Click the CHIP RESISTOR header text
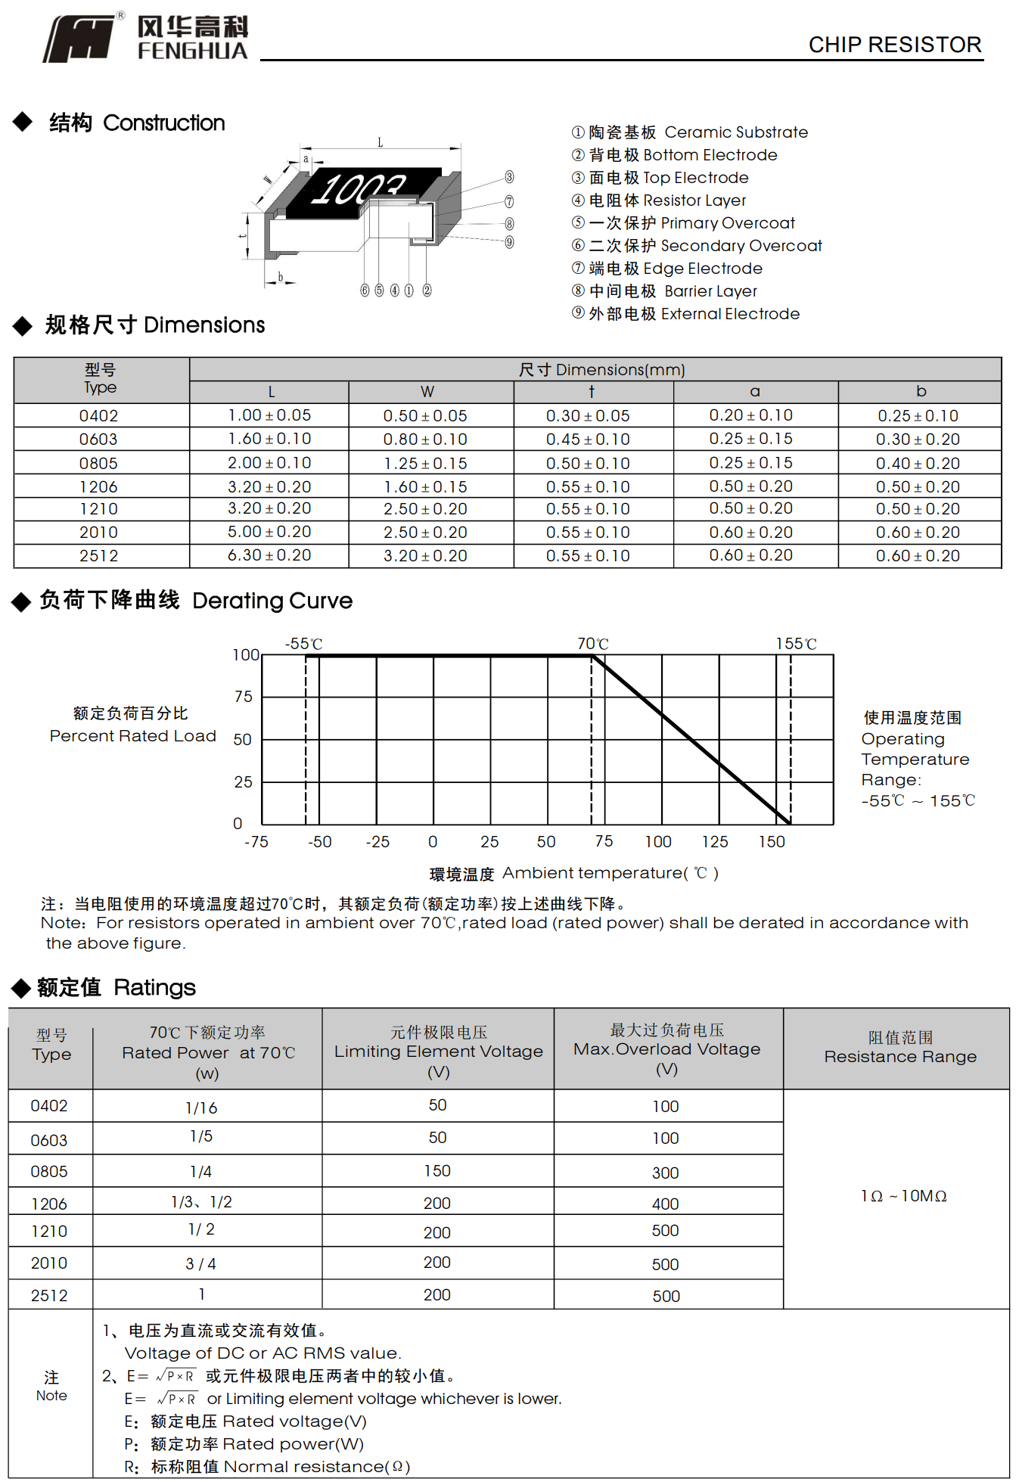coord(894,45)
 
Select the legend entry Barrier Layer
coord(673,291)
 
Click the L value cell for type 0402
coord(269,415)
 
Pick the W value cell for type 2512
coord(425,556)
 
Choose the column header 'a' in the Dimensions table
coord(754,392)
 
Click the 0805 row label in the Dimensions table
coord(98,463)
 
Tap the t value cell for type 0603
coord(588,440)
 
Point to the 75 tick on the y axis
coord(244,697)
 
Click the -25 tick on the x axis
coord(377,842)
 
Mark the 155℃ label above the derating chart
coord(796,644)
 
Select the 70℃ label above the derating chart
coord(592,644)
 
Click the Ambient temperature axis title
coord(573,874)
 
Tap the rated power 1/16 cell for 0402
coord(201,1108)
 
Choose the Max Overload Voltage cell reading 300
coord(666,1173)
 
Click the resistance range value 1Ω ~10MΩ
coord(903,1196)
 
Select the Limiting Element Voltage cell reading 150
coord(437,1171)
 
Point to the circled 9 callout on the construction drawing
coord(509,242)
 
